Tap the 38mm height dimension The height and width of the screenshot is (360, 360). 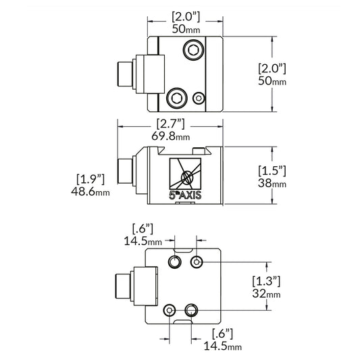[272, 183]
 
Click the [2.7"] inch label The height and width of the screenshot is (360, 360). [171, 124]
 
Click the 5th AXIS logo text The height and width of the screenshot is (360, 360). [184, 195]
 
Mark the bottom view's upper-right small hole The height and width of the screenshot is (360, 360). [197, 261]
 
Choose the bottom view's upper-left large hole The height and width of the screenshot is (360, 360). [176, 261]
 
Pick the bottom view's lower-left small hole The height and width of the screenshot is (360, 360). [169, 309]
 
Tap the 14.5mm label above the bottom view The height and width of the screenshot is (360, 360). [143, 240]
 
